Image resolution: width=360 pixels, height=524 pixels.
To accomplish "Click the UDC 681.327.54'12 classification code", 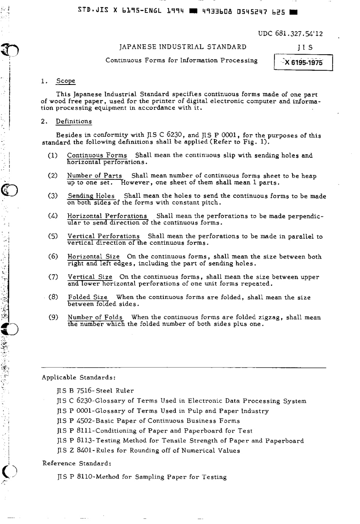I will click(x=290, y=33).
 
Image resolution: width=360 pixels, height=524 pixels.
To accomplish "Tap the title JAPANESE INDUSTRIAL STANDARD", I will click(x=183, y=47).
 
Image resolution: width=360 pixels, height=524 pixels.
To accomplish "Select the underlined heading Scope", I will click(x=66, y=81).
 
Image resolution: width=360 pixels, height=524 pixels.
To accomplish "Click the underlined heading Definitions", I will click(x=74, y=121).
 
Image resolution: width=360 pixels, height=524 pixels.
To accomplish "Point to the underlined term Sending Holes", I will click(x=91, y=196).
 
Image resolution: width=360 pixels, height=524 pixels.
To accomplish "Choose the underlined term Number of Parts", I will click(x=94, y=175).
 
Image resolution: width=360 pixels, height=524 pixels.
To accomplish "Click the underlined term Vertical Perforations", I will click(x=103, y=236).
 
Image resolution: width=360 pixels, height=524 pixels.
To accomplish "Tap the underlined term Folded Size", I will click(x=88, y=297).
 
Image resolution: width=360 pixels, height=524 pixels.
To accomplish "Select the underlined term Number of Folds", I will click(x=95, y=317).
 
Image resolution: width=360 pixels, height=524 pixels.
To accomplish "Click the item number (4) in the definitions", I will click(x=53, y=216).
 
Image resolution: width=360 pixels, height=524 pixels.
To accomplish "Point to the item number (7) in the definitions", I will click(x=53, y=277).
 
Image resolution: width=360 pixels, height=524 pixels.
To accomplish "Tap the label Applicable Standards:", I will click(x=78, y=377).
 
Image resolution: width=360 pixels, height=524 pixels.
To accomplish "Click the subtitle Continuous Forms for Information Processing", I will click(x=181, y=61).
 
